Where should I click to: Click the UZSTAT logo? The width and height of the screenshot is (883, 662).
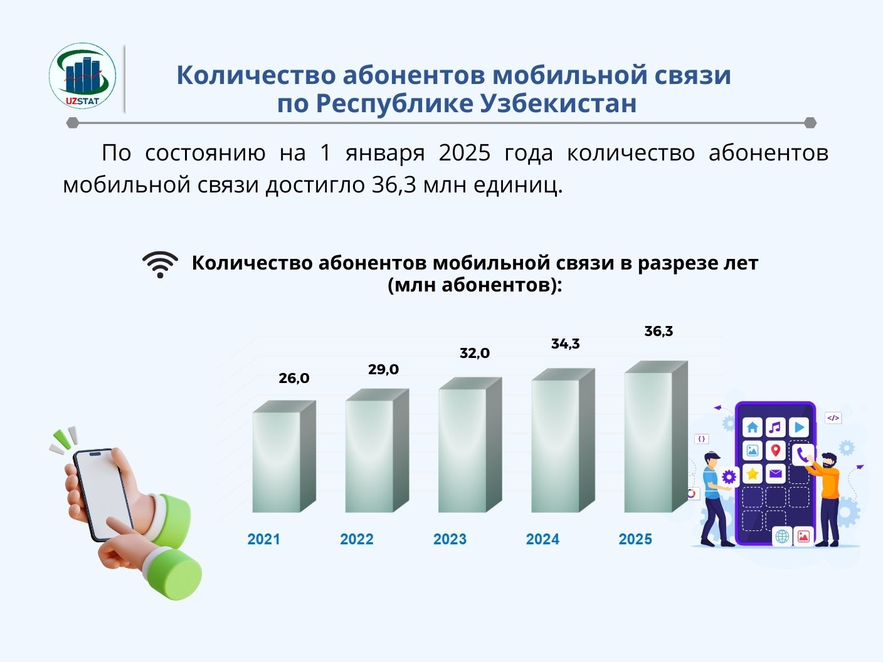pyautogui.click(x=82, y=76)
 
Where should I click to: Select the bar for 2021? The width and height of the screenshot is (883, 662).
pyautogui.click(x=284, y=456)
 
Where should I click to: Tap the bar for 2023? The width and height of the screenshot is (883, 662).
pyautogui.click(x=470, y=444)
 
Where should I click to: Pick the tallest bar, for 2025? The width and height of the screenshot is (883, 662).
pyautogui.click(x=656, y=436)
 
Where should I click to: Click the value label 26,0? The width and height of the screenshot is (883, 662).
pyautogui.click(x=294, y=378)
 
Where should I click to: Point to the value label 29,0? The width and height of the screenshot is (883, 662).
pyautogui.click(x=383, y=369)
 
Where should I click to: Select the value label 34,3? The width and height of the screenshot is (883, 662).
pyautogui.click(x=565, y=344)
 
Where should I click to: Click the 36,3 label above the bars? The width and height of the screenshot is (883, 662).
pyautogui.click(x=658, y=331)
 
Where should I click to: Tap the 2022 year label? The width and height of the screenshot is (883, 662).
pyautogui.click(x=356, y=539)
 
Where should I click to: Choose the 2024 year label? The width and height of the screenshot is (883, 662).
pyautogui.click(x=542, y=539)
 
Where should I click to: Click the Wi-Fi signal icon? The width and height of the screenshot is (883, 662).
pyautogui.click(x=160, y=265)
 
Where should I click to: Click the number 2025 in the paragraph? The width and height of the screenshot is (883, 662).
pyautogui.click(x=465, y=153)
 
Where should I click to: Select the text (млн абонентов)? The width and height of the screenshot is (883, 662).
pyautogui.click(x=475, y=286)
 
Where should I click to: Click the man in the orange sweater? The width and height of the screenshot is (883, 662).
pyautogui.click(x=827, y=499)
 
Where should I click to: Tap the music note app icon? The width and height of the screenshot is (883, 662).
pyautogui.click(x=775, y=428)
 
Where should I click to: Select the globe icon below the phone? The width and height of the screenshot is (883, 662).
pyautogui.click(x=782, y=536)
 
